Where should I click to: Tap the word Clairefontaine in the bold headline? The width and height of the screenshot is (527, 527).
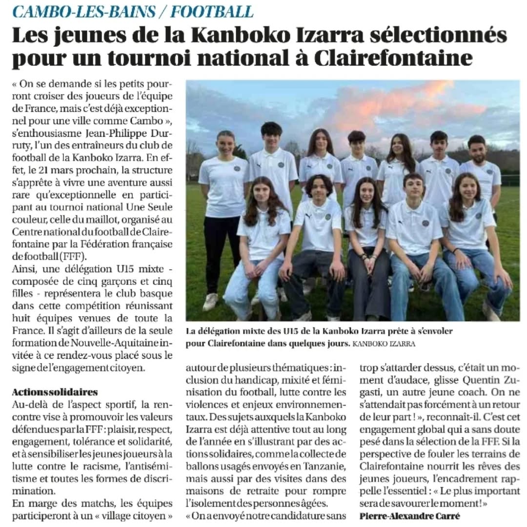[393, 58]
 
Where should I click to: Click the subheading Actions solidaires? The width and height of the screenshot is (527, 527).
[55, 392]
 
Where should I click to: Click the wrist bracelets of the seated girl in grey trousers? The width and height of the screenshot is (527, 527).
[364, 255]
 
